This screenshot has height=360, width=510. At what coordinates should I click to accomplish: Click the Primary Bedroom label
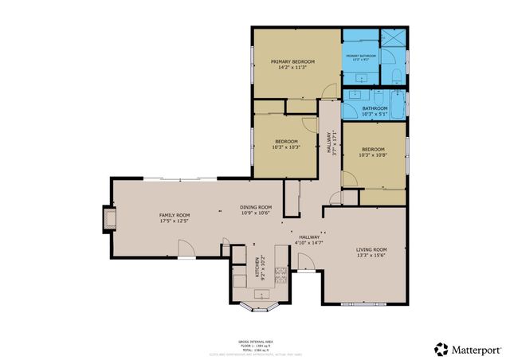click(292, 61)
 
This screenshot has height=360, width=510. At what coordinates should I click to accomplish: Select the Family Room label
click(174, 216)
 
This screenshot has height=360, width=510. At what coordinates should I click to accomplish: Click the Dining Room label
click(256, 208)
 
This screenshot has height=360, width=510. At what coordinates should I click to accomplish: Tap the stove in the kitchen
click(280, 276)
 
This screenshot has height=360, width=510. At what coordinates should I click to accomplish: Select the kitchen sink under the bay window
click(259, 295)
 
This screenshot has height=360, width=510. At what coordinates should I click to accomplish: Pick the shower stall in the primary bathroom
click(392, 39)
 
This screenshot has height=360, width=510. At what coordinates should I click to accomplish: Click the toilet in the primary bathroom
click(396, 76)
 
